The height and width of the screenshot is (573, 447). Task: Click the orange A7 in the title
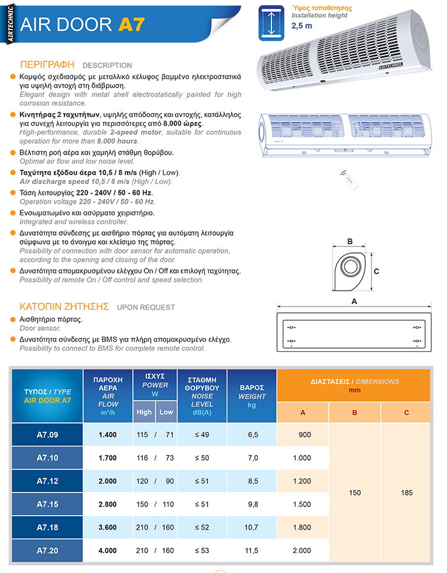click(131, 24)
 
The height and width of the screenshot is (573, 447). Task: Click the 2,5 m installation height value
click(302, 26)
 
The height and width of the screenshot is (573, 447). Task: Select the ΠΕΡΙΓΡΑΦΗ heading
click(47, 65)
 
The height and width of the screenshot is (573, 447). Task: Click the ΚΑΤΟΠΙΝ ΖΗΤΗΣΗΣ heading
click(64, 307)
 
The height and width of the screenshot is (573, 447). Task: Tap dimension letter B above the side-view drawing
click(349, 241)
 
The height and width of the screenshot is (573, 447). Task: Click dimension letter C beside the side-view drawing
click(376, 271)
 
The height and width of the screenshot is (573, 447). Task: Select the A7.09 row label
click(47, 434)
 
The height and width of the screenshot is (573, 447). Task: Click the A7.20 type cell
click(47, 550)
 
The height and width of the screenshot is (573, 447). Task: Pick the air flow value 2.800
click(108, 504)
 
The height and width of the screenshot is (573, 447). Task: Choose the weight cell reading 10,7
click(252, 527)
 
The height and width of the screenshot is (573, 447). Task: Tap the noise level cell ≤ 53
click(202, 550)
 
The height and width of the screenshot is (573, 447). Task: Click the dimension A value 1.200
click(303, 481)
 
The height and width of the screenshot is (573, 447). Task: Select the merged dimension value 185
click(406, 493)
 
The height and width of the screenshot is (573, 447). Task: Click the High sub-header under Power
click(144, 412)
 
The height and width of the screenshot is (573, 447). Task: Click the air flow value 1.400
click(108, 434)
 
